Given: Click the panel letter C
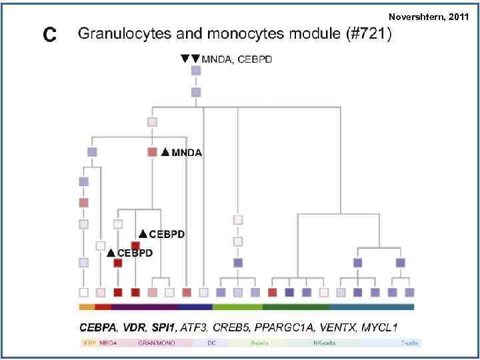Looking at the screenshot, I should click(49, 34).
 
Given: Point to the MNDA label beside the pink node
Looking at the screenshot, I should click(187, 153).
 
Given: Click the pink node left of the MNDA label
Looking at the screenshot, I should click(152, 152).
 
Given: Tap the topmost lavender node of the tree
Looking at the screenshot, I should click(196, 71).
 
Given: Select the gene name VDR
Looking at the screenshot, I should click(141, 328).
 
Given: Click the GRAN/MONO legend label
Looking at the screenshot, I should click(152, 343).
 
